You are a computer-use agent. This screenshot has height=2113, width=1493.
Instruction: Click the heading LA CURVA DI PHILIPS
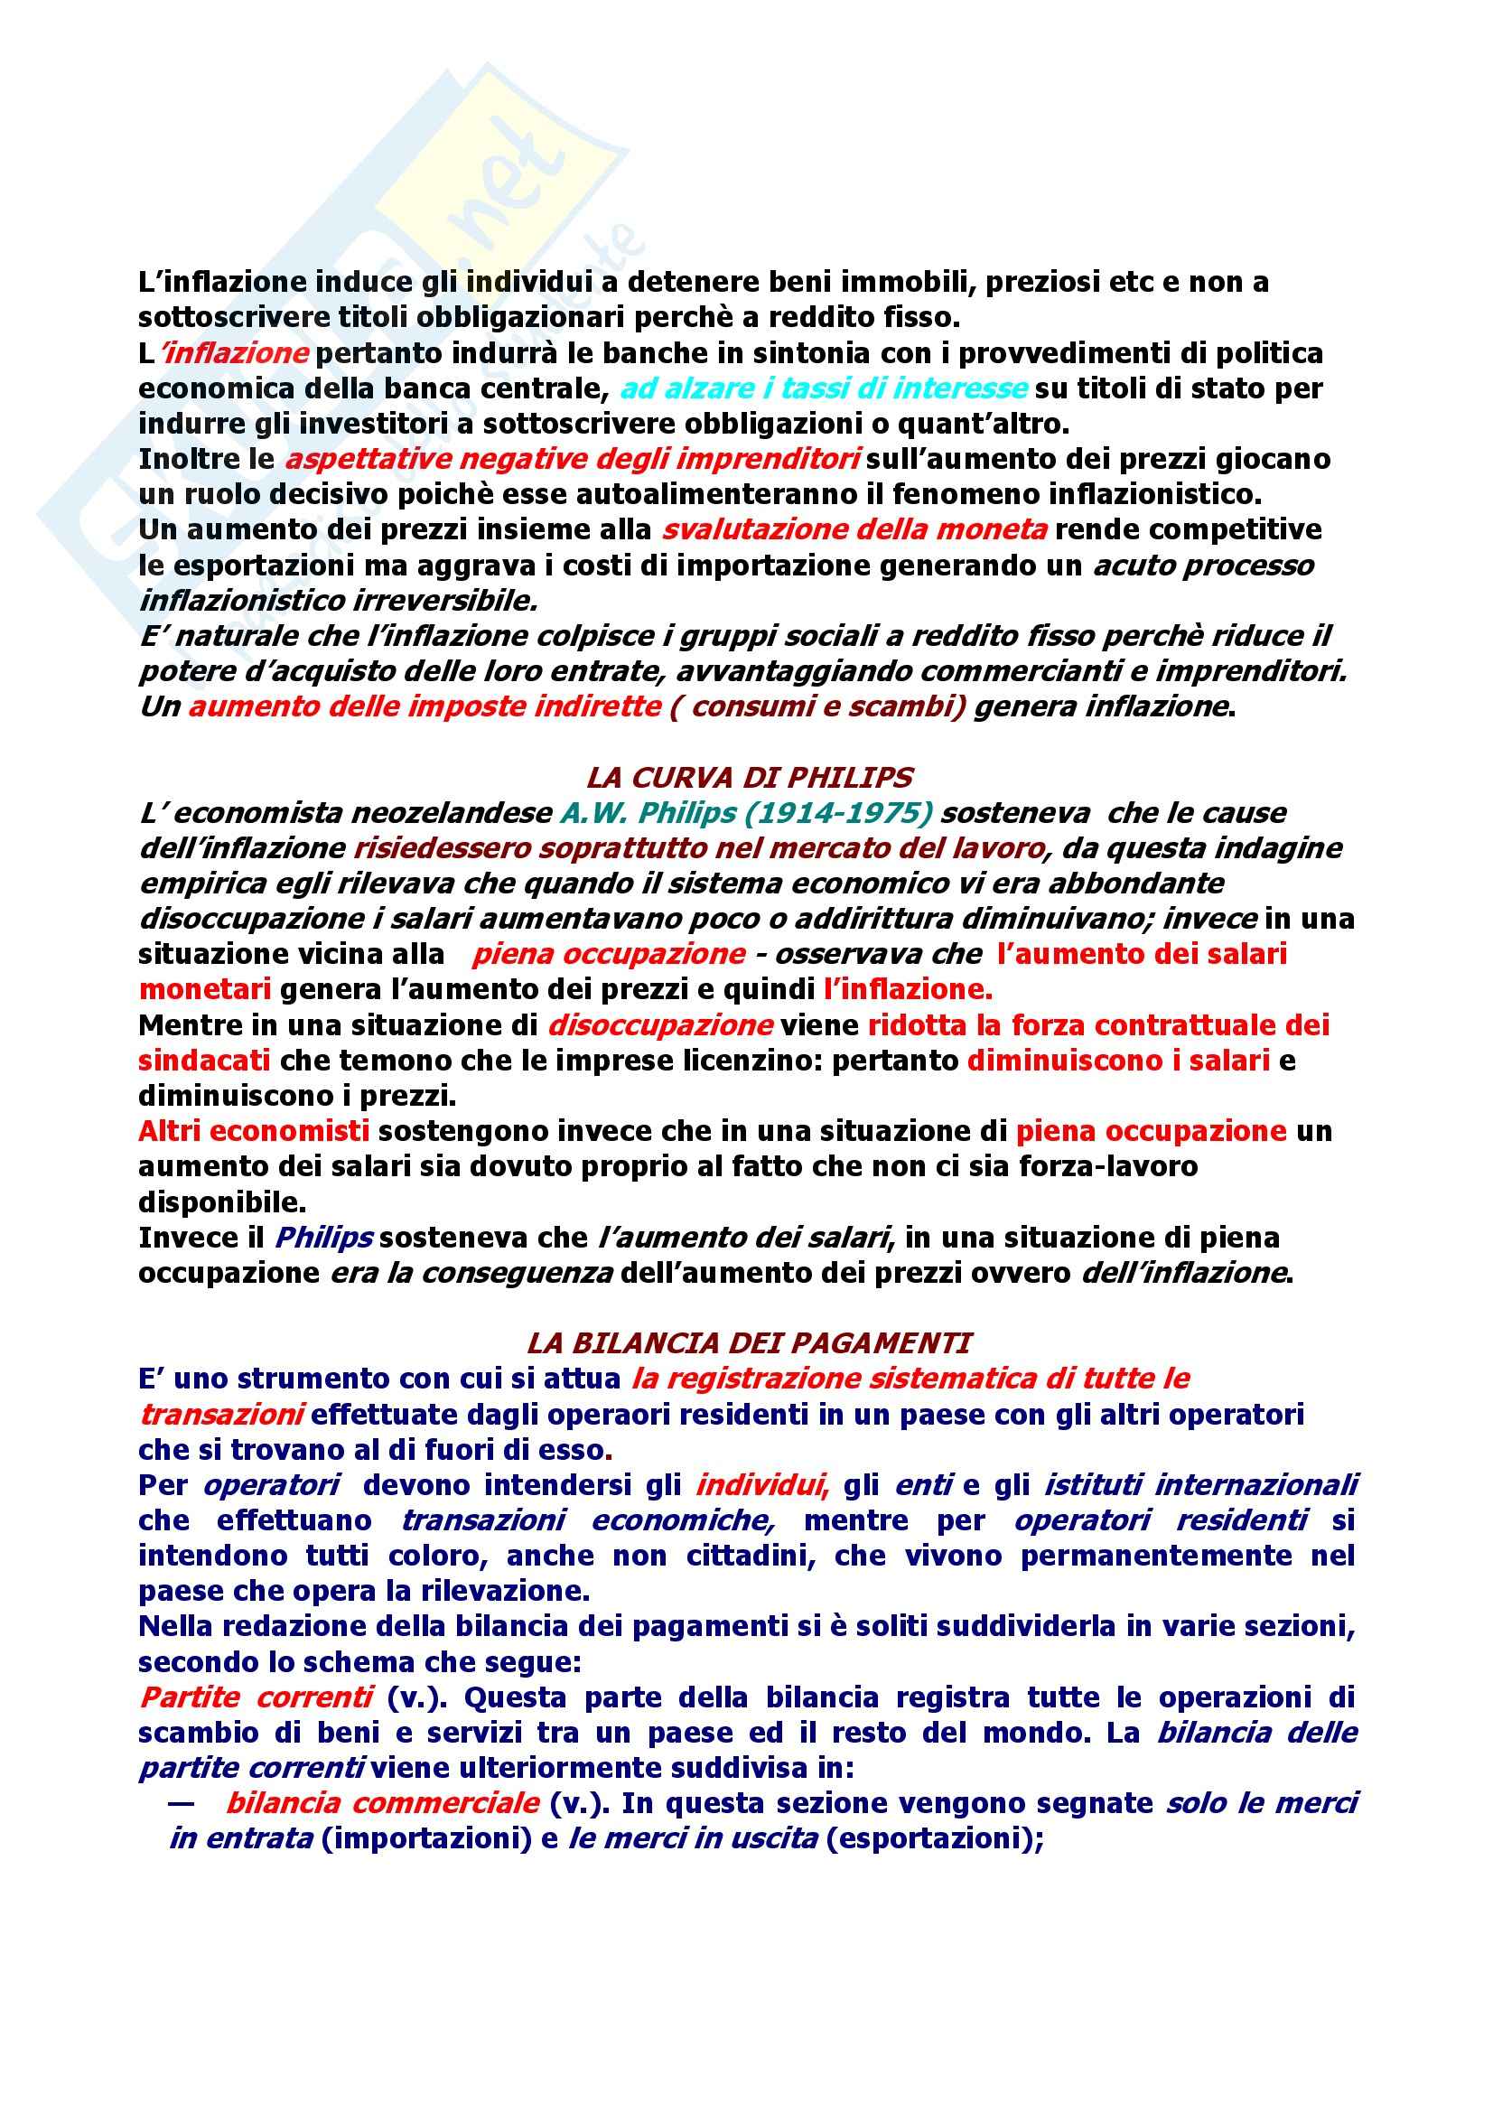pos(749,778)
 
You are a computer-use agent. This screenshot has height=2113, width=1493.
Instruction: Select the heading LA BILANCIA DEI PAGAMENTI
pos(749,1342)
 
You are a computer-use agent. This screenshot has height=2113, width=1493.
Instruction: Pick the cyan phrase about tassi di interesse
pos(825,388)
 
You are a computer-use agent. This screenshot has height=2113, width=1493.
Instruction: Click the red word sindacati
pos(204,1061)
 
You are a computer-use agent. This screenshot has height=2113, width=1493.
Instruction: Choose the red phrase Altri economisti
pos(254,1130)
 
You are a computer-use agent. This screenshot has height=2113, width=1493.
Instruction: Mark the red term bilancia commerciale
pos(382,1802)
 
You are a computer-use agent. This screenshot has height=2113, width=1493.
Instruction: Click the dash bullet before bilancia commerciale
pos(182,1802)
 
